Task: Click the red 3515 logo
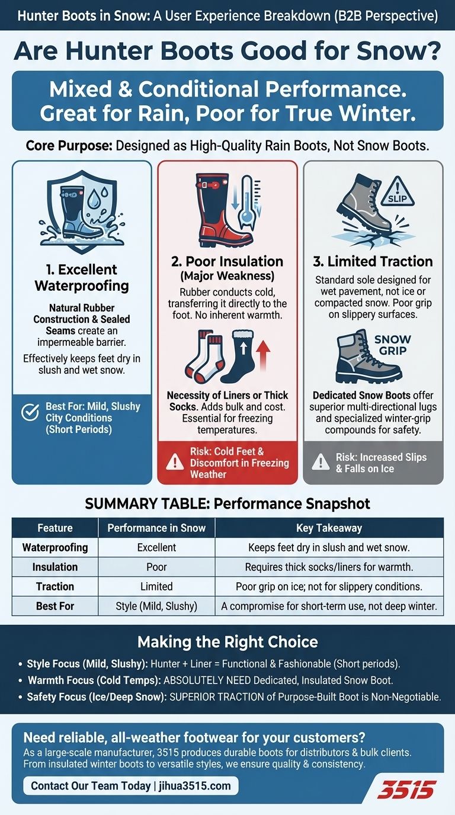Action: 406,789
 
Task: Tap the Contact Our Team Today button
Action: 131,786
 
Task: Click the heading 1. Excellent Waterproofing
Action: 81,278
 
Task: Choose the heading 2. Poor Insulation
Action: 227,261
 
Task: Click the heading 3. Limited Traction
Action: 373,261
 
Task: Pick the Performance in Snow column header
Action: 156,528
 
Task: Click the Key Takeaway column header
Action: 329,528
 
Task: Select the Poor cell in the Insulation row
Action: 156,567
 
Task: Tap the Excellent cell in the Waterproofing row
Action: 156,547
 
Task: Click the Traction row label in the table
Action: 55,586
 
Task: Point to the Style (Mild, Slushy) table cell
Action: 156,606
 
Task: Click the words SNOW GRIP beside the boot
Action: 392,345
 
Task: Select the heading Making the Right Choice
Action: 227,642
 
